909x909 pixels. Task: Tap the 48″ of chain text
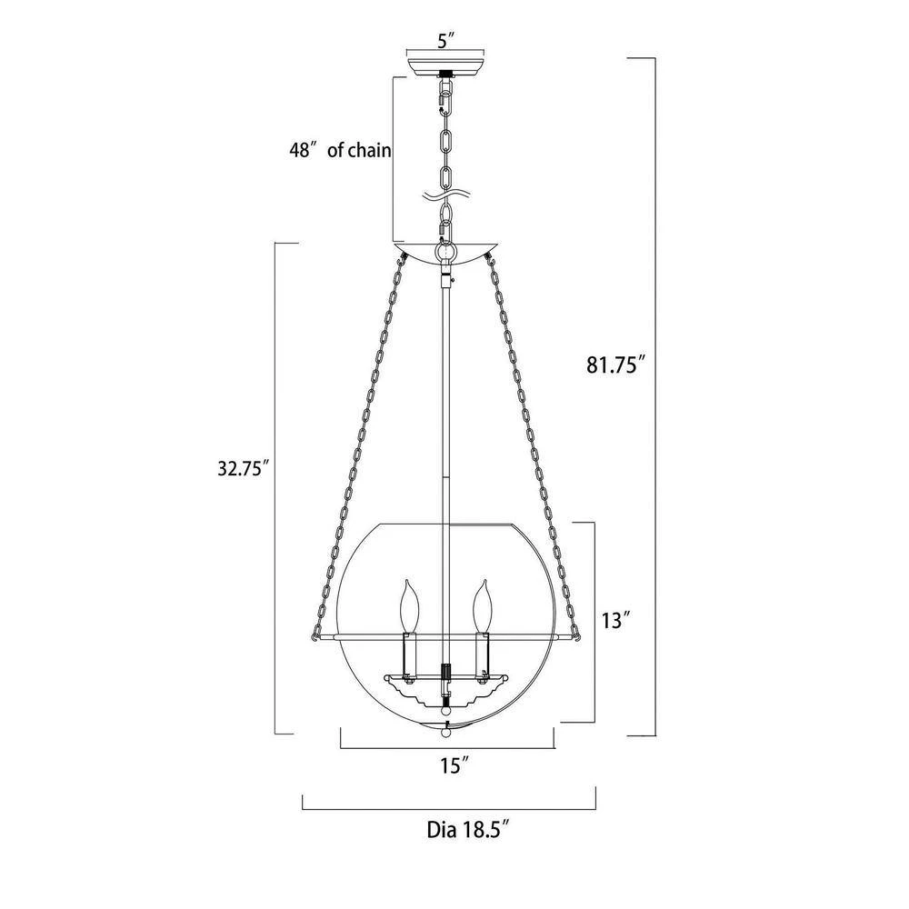point(340,151)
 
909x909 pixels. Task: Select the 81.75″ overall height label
point(615,365)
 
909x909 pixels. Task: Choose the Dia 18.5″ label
point(468,830)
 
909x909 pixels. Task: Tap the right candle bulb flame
point(483,605)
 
